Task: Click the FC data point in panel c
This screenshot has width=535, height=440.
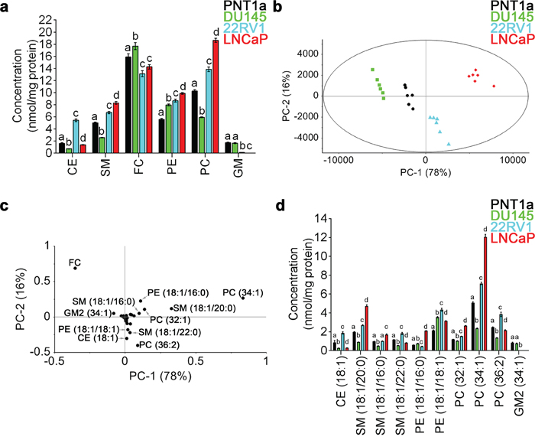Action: [76, 267]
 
